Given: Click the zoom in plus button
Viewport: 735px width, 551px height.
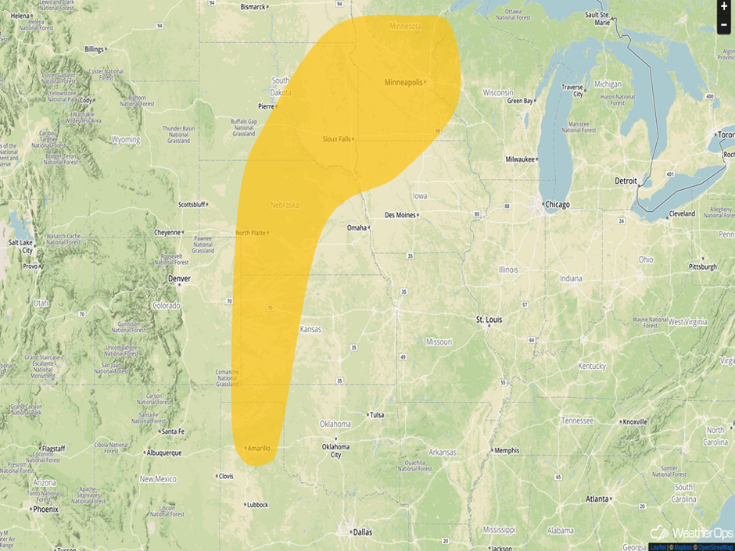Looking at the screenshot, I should pyautogui.click(x=724, y=6).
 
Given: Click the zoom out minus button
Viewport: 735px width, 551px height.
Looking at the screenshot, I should pyautogui.click(x=724, y=25).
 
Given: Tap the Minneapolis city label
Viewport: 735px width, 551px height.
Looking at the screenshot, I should pyautogui.click(x=403, y=82).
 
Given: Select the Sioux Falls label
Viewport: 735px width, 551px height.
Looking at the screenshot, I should pyautogui.click(x=337, y=139).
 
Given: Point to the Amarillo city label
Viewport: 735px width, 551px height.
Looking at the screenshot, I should pyautogui.click(x=258, y=448).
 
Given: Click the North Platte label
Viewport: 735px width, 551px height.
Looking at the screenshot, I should pyautogui.click(x=251, y=233).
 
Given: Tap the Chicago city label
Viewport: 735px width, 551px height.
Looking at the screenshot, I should pyautogui.click(x=558, y=205).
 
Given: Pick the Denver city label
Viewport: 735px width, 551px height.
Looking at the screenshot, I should pyautogui.click(x=179, y=278).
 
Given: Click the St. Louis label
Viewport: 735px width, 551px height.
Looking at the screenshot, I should pyautogui.click(x=489, y=320).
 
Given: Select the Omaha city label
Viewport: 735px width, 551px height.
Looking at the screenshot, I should pyautogui.click(x=357, y=227).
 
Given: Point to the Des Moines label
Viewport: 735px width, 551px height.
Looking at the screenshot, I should pyautogui.click(x=400, y=215).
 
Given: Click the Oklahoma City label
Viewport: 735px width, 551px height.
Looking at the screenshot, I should pyautogui.click(x=335, y=450).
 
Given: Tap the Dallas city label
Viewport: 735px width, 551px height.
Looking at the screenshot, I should pyautogui.click(x=362, y=532).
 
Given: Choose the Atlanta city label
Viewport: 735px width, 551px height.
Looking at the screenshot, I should pyautogui.click(x=598, y=499).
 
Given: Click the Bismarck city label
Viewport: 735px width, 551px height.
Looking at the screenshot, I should pyautogui.click(x=253, y=7).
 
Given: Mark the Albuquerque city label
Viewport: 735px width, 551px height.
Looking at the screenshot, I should pyautogui.click(x=163, y=453).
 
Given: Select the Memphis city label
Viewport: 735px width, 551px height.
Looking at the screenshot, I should pyautogui.click(x=507, y=450).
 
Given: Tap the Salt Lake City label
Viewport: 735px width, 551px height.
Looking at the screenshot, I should pyautogui.click(x=21, y=246).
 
